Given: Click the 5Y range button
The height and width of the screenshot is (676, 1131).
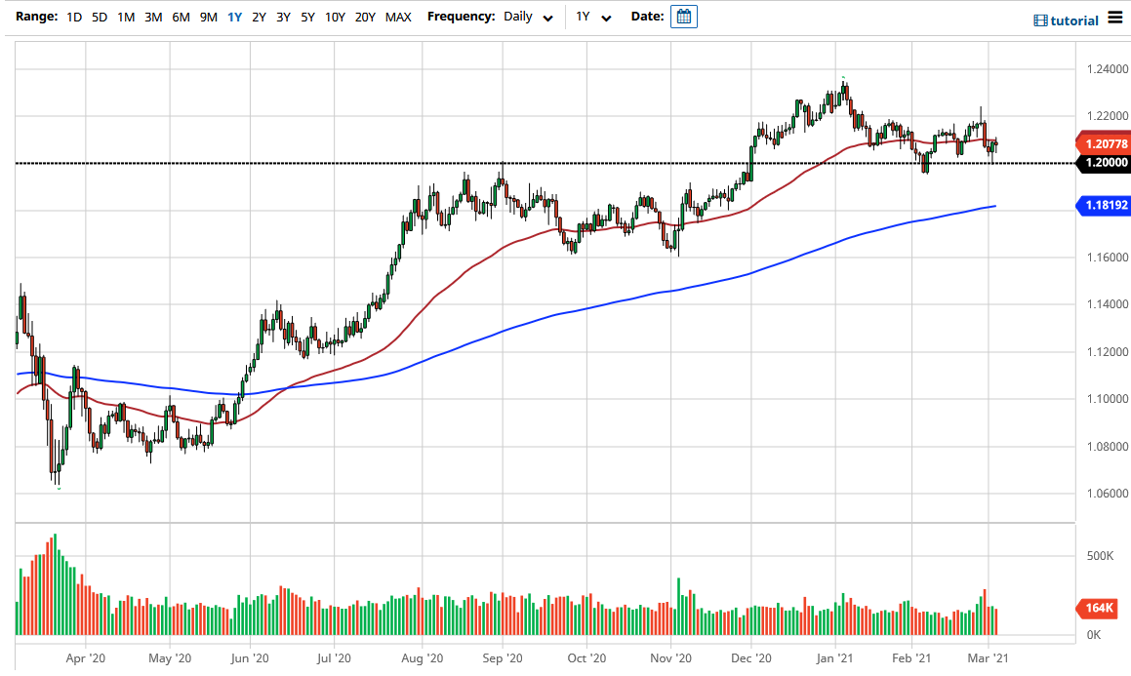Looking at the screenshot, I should point(307,17).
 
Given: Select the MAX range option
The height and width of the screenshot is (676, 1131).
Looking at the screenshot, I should point(398,17).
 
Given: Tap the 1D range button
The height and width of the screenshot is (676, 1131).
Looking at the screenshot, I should point(74,17).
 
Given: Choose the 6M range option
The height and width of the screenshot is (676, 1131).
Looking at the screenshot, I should point(181,17).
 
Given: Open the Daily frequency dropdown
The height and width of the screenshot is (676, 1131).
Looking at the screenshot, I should point(529,17).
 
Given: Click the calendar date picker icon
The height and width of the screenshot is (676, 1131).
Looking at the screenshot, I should point(684,17).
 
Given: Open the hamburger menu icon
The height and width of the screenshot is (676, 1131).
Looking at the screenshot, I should point(1115,19).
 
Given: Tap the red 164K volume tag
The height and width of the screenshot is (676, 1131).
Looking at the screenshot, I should point(1100,609).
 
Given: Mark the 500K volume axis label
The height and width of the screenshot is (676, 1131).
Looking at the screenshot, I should point(1101,556).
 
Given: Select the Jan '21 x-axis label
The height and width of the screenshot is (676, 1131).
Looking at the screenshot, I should point(835,657).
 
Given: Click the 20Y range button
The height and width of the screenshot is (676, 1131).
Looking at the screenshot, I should point(366,17).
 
